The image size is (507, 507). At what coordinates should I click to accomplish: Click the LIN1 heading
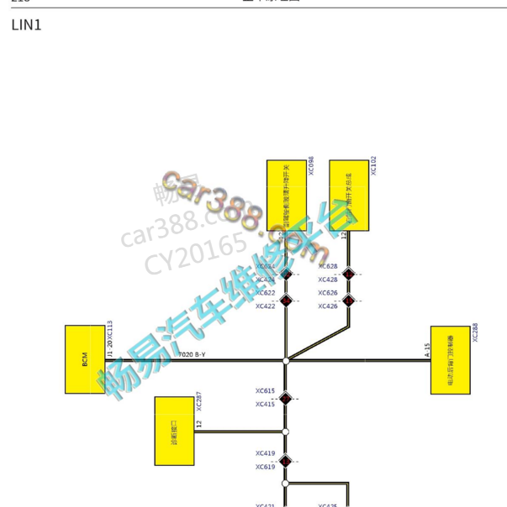tap(26, 25)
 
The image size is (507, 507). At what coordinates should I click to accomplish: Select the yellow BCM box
tap(85, 359)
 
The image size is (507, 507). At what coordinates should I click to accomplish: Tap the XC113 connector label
tap(109, 335)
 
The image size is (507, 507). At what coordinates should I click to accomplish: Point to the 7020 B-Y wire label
tap(192, 355)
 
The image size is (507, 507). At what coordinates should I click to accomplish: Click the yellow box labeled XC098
tap(286, 196)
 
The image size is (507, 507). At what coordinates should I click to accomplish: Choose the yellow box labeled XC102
tap(349, 196)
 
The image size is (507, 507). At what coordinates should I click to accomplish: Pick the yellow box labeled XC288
tap(450, 360)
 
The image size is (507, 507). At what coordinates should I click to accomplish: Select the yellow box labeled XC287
tap(174, 431)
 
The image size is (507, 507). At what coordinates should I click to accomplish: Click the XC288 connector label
tap(475, 332)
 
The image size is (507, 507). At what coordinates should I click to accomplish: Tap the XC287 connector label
tap(199, 401)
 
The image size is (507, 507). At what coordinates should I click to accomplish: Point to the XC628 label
tap(328, 267)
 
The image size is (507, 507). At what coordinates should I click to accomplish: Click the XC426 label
tap(328, 306)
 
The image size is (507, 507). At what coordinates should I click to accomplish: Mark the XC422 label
tap(266, 306)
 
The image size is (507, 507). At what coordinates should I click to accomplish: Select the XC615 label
tap(266, 391)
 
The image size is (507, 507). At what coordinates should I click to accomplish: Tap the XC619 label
tap(266, 467)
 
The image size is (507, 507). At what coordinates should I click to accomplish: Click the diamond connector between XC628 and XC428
tap(348, 274)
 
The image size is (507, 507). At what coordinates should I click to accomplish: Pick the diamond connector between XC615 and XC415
tap(286, 398)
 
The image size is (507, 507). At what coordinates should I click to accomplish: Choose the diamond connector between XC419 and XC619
tap(286, 460)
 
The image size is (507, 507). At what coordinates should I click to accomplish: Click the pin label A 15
tap(427, 350)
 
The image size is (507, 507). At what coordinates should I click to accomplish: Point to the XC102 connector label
tap(373, 165)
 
